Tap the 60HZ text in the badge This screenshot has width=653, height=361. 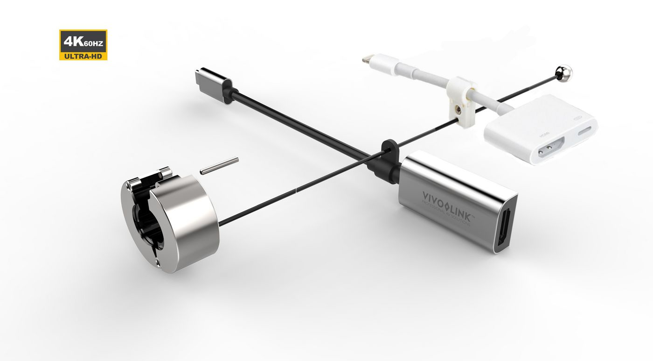click(x=93, y=44)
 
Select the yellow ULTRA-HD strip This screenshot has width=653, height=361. click(x=83, y=56)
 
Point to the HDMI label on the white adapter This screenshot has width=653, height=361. click(x=543, y=134)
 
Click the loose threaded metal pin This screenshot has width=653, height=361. click(x=219, y=166)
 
